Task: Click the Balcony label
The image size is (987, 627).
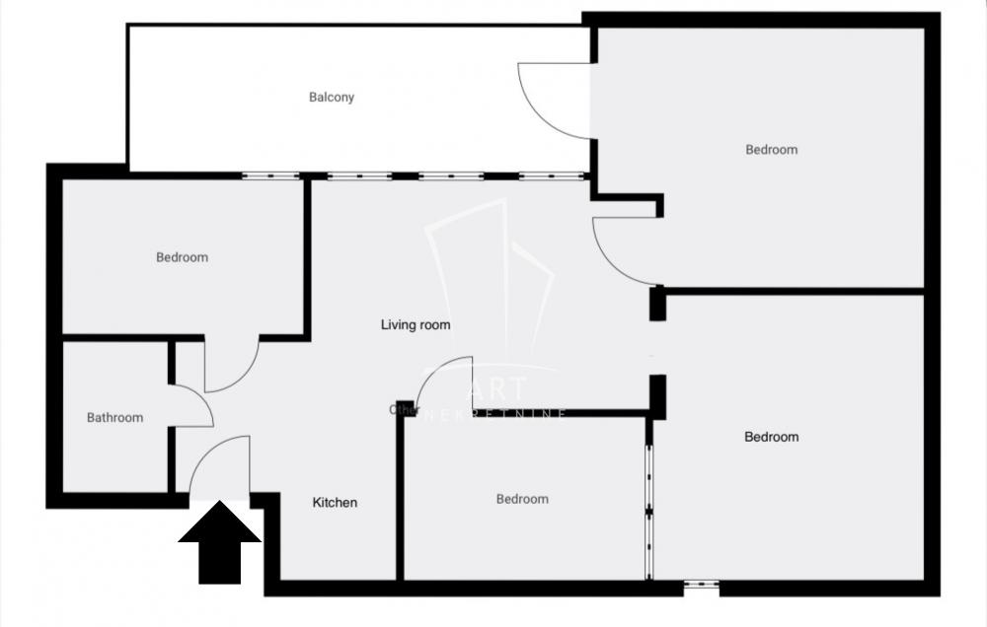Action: point(332,98)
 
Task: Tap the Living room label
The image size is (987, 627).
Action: point(416,324)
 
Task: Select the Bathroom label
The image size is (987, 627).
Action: point(114,418)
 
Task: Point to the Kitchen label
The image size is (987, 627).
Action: point(335,503)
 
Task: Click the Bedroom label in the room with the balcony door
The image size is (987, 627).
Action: point(771,150)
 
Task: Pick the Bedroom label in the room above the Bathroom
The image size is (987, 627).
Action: point(183,258)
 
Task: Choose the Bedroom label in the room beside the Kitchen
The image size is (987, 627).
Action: point(521,500)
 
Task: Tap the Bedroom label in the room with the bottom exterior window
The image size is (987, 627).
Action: point(771,437)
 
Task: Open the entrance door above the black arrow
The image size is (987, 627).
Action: point(221,467)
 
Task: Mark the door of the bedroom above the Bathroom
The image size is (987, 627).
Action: point(233,365)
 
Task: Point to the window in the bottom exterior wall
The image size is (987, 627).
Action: point(701,588)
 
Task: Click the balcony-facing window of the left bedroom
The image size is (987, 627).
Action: point(271,176)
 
